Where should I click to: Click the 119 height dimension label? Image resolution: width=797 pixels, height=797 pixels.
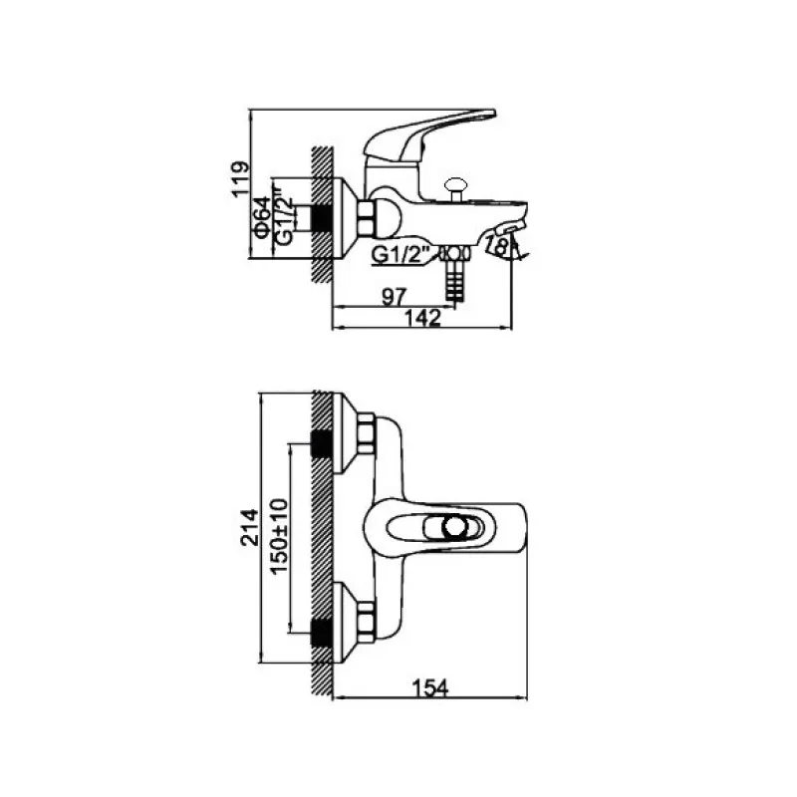[x=240, y=179]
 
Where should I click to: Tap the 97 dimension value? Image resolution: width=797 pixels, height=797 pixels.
[x=395, y=296]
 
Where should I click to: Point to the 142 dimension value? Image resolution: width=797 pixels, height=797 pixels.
[x=422, y=318]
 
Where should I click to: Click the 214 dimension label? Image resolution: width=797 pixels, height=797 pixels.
[x=249, y=527]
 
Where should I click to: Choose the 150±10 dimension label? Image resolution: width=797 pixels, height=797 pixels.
[x=279, y=536]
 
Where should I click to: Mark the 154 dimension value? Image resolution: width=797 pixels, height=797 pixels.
[x=430, y=688]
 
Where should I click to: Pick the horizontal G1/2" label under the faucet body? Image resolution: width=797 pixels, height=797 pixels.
[x=401, y=255]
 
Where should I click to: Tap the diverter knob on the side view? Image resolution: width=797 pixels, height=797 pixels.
[x=455, y=189]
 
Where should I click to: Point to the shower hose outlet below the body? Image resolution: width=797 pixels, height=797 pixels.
[x=454, y=274]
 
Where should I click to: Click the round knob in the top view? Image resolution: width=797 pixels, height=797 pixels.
[x=455, y=528]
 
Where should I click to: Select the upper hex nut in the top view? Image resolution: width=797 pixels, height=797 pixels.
[x=366, y=433]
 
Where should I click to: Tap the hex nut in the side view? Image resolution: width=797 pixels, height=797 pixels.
[x=366, y=218]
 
